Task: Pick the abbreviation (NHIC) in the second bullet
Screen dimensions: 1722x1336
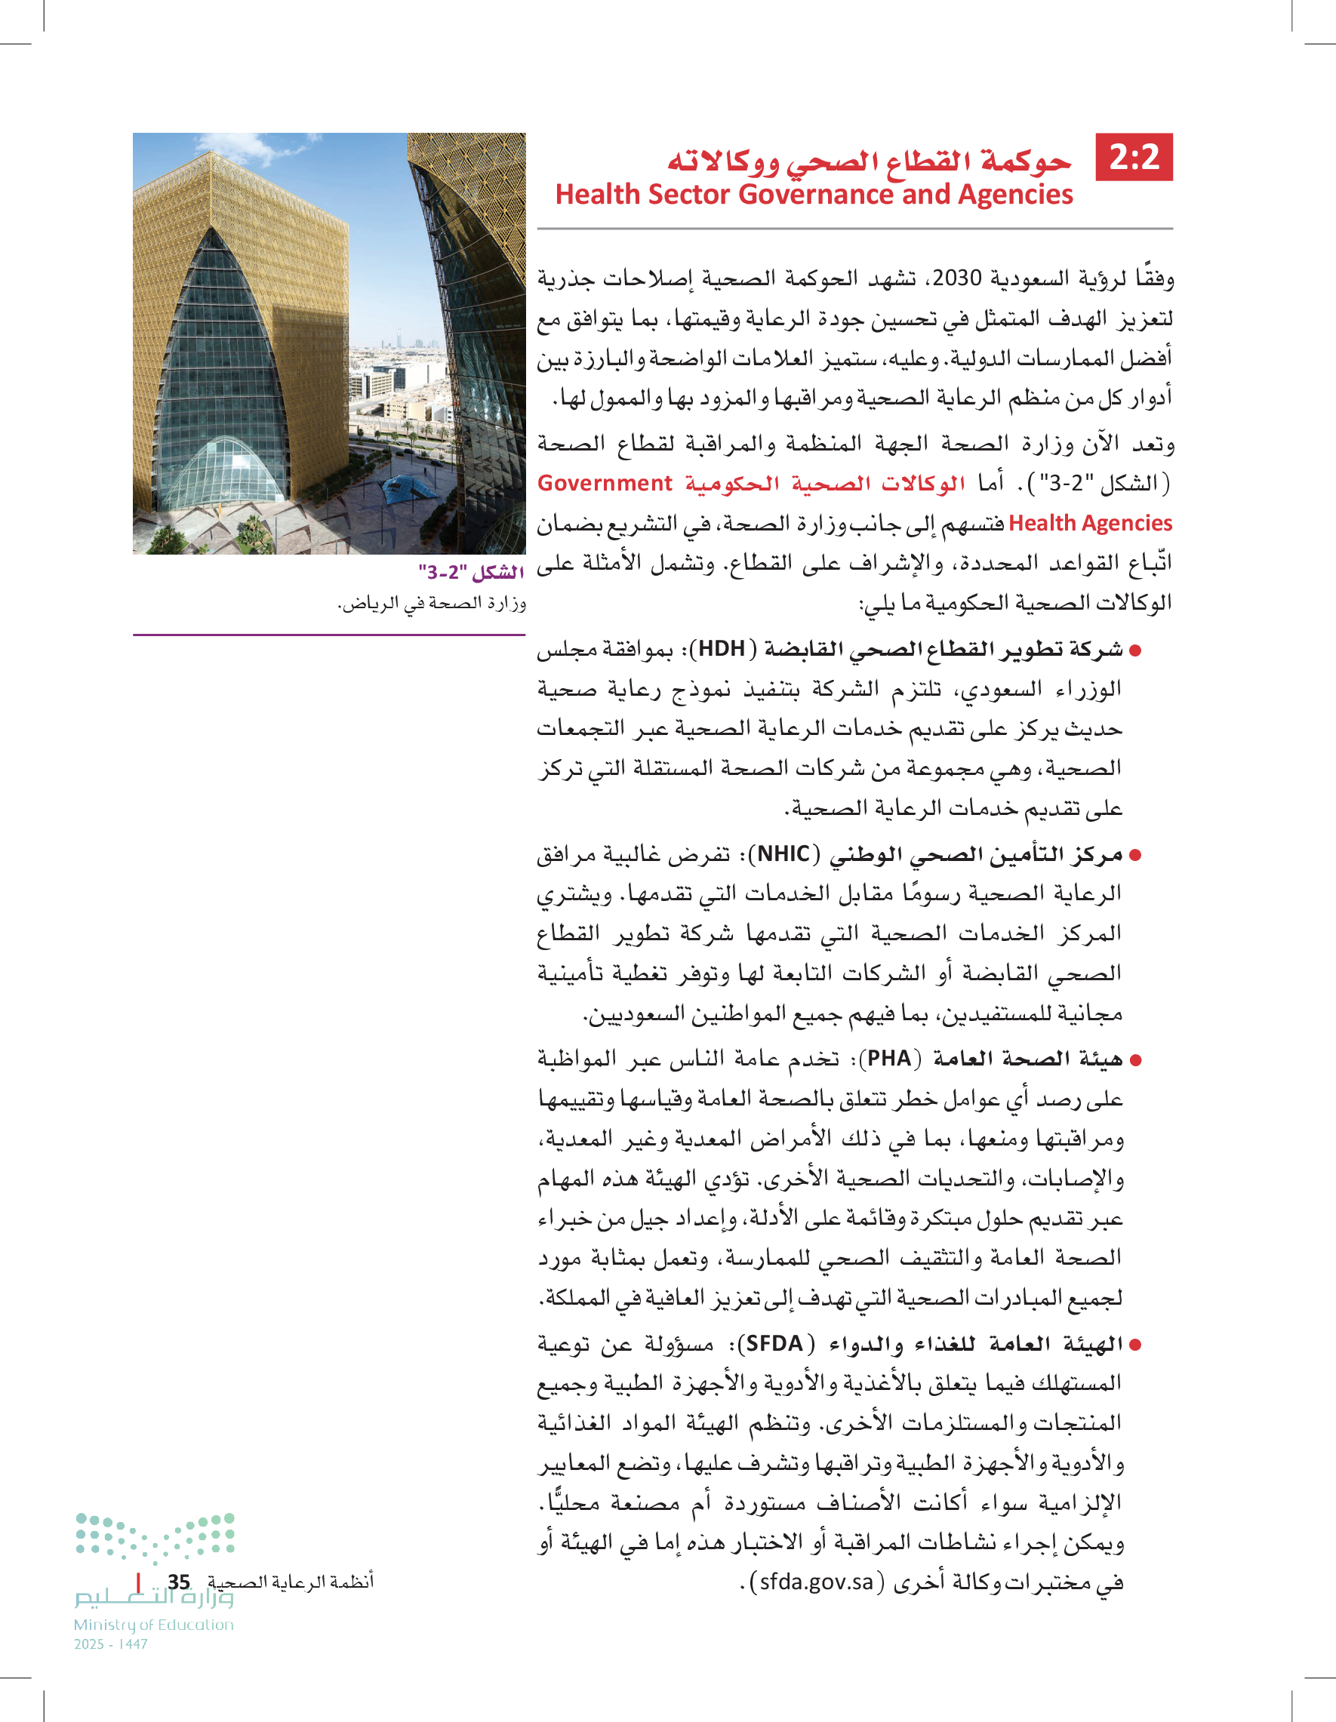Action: [x=784, y=855]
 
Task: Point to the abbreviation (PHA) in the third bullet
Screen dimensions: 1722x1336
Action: [x=890, y=1059]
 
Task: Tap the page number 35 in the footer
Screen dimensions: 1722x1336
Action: [x=179, y=1582]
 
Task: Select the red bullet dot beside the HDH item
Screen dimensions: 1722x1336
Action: [x=1136, y=651]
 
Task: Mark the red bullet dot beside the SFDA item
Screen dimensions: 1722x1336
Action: [x=1136, y=1345]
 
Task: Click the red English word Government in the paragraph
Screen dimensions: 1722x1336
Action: [x=604, y=484]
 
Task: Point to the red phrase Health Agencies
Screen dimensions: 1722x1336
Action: [x=1090, y=524]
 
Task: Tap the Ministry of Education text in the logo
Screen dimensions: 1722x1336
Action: [x=154, y=1625]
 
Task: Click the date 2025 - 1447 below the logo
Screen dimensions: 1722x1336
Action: [x=110, y=1645]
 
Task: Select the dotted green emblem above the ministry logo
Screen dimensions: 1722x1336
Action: [x=155, y=1536]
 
